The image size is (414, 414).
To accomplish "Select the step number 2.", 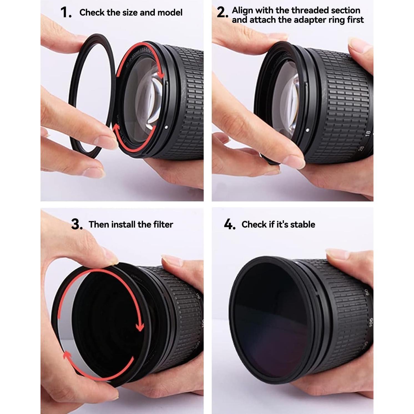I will point(222,12).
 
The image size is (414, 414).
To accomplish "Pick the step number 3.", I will point(77,224).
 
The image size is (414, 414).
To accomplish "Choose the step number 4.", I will point(229,224).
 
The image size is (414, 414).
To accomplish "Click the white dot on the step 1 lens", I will point(166,127).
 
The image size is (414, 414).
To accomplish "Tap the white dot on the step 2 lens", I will point(307,130).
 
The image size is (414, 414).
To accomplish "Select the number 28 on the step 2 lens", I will point(361,149).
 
